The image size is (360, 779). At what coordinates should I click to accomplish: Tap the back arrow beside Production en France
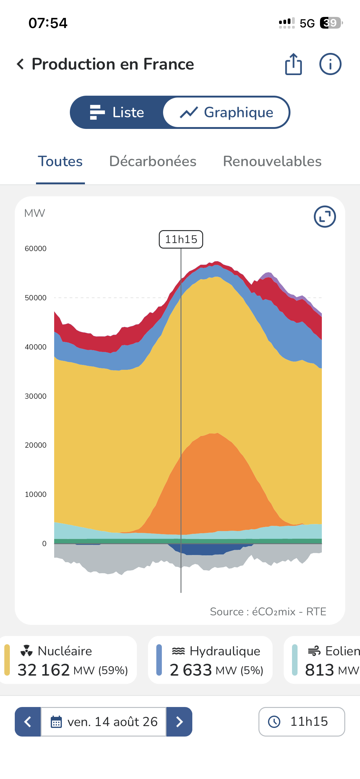pos(20,64)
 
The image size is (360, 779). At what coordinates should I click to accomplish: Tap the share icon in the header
pos(294,64)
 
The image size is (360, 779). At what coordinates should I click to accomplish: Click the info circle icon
pos(330,64)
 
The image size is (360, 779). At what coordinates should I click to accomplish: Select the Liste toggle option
pos(117,112)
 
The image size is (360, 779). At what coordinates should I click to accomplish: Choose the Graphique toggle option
pos(226,112)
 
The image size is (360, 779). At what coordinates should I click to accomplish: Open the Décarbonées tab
pos(153,161)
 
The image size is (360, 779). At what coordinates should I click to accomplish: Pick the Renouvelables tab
pos(272,161)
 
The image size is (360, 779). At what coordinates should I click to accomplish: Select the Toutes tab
pos(60,161)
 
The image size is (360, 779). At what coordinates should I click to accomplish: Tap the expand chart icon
pos(325,217)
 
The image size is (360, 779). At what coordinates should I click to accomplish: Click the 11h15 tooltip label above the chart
pos(181,239)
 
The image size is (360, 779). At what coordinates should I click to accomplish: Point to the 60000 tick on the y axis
pos(36,249)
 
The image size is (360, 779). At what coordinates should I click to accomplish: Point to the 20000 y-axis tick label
pos(36,445)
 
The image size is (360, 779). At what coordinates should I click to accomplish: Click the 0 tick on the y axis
pos(44,544)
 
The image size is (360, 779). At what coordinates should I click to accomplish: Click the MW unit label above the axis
pos(34,213)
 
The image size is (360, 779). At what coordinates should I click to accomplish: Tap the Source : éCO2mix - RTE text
pos(268,612)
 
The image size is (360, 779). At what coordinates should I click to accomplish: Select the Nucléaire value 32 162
pos(44,670)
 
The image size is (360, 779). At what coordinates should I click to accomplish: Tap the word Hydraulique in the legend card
pos(225,651)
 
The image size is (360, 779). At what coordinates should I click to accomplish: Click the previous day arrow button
pos(28,722)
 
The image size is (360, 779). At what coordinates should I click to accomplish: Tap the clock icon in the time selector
pos(274,721)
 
